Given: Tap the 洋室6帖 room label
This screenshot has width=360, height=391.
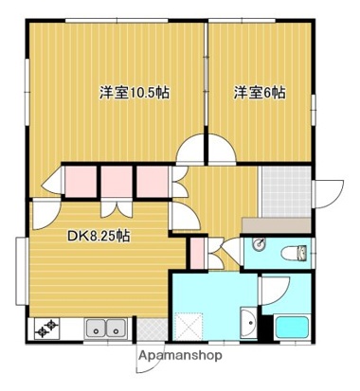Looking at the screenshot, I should coord(261,93).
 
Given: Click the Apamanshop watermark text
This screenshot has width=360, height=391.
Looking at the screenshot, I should coord(181,356).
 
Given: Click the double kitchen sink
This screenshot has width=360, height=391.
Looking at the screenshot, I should coord(104,329).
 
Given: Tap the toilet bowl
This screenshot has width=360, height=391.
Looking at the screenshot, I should coord(296,253).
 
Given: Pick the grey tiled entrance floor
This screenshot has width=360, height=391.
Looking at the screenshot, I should coord(285,191).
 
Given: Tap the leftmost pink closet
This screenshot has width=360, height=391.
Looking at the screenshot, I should coord(80,181).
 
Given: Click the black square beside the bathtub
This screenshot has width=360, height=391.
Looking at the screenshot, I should coord(266,329).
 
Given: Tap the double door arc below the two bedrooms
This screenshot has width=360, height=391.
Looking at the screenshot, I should coord(207,151).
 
